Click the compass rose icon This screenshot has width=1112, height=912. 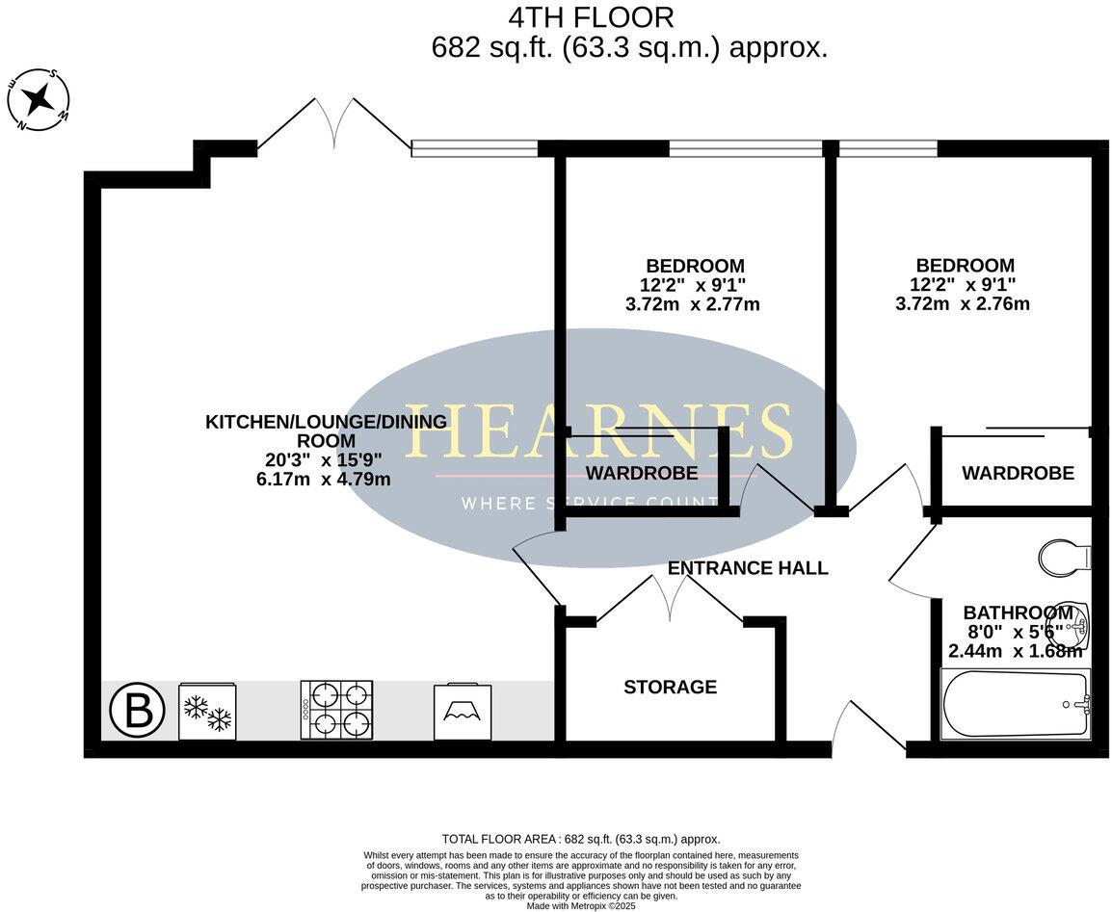39,99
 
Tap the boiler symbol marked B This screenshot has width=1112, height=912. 132,712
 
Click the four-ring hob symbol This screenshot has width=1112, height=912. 336,711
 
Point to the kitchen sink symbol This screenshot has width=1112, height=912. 463,713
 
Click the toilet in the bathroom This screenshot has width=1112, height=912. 1065,556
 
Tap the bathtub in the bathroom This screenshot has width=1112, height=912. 1015,704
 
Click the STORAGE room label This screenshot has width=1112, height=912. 670,687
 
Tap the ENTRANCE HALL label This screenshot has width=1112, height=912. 748,568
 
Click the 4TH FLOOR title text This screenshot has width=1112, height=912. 590,17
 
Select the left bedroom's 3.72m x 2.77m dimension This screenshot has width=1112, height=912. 692,305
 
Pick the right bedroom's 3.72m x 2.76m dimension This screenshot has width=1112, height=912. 963,304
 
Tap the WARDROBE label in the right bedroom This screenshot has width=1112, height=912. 1018,473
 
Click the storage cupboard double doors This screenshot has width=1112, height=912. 671,600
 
